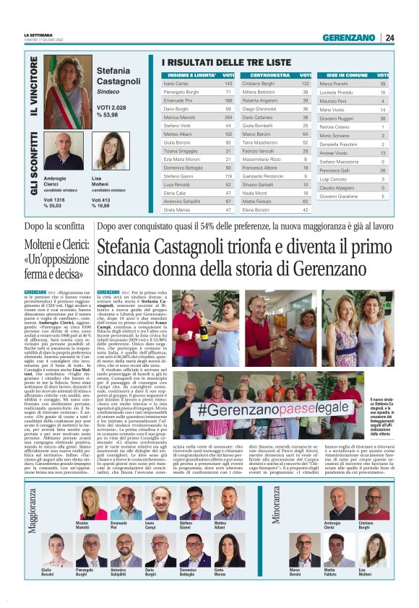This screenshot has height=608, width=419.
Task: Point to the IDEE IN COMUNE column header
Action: pyautogui.click(x=347, y=74)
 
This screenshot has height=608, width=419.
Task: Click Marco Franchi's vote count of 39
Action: pyautogui.click(x=383, y=84)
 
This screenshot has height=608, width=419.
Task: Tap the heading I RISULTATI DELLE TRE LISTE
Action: pyautogui.click(x=226, y=63)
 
